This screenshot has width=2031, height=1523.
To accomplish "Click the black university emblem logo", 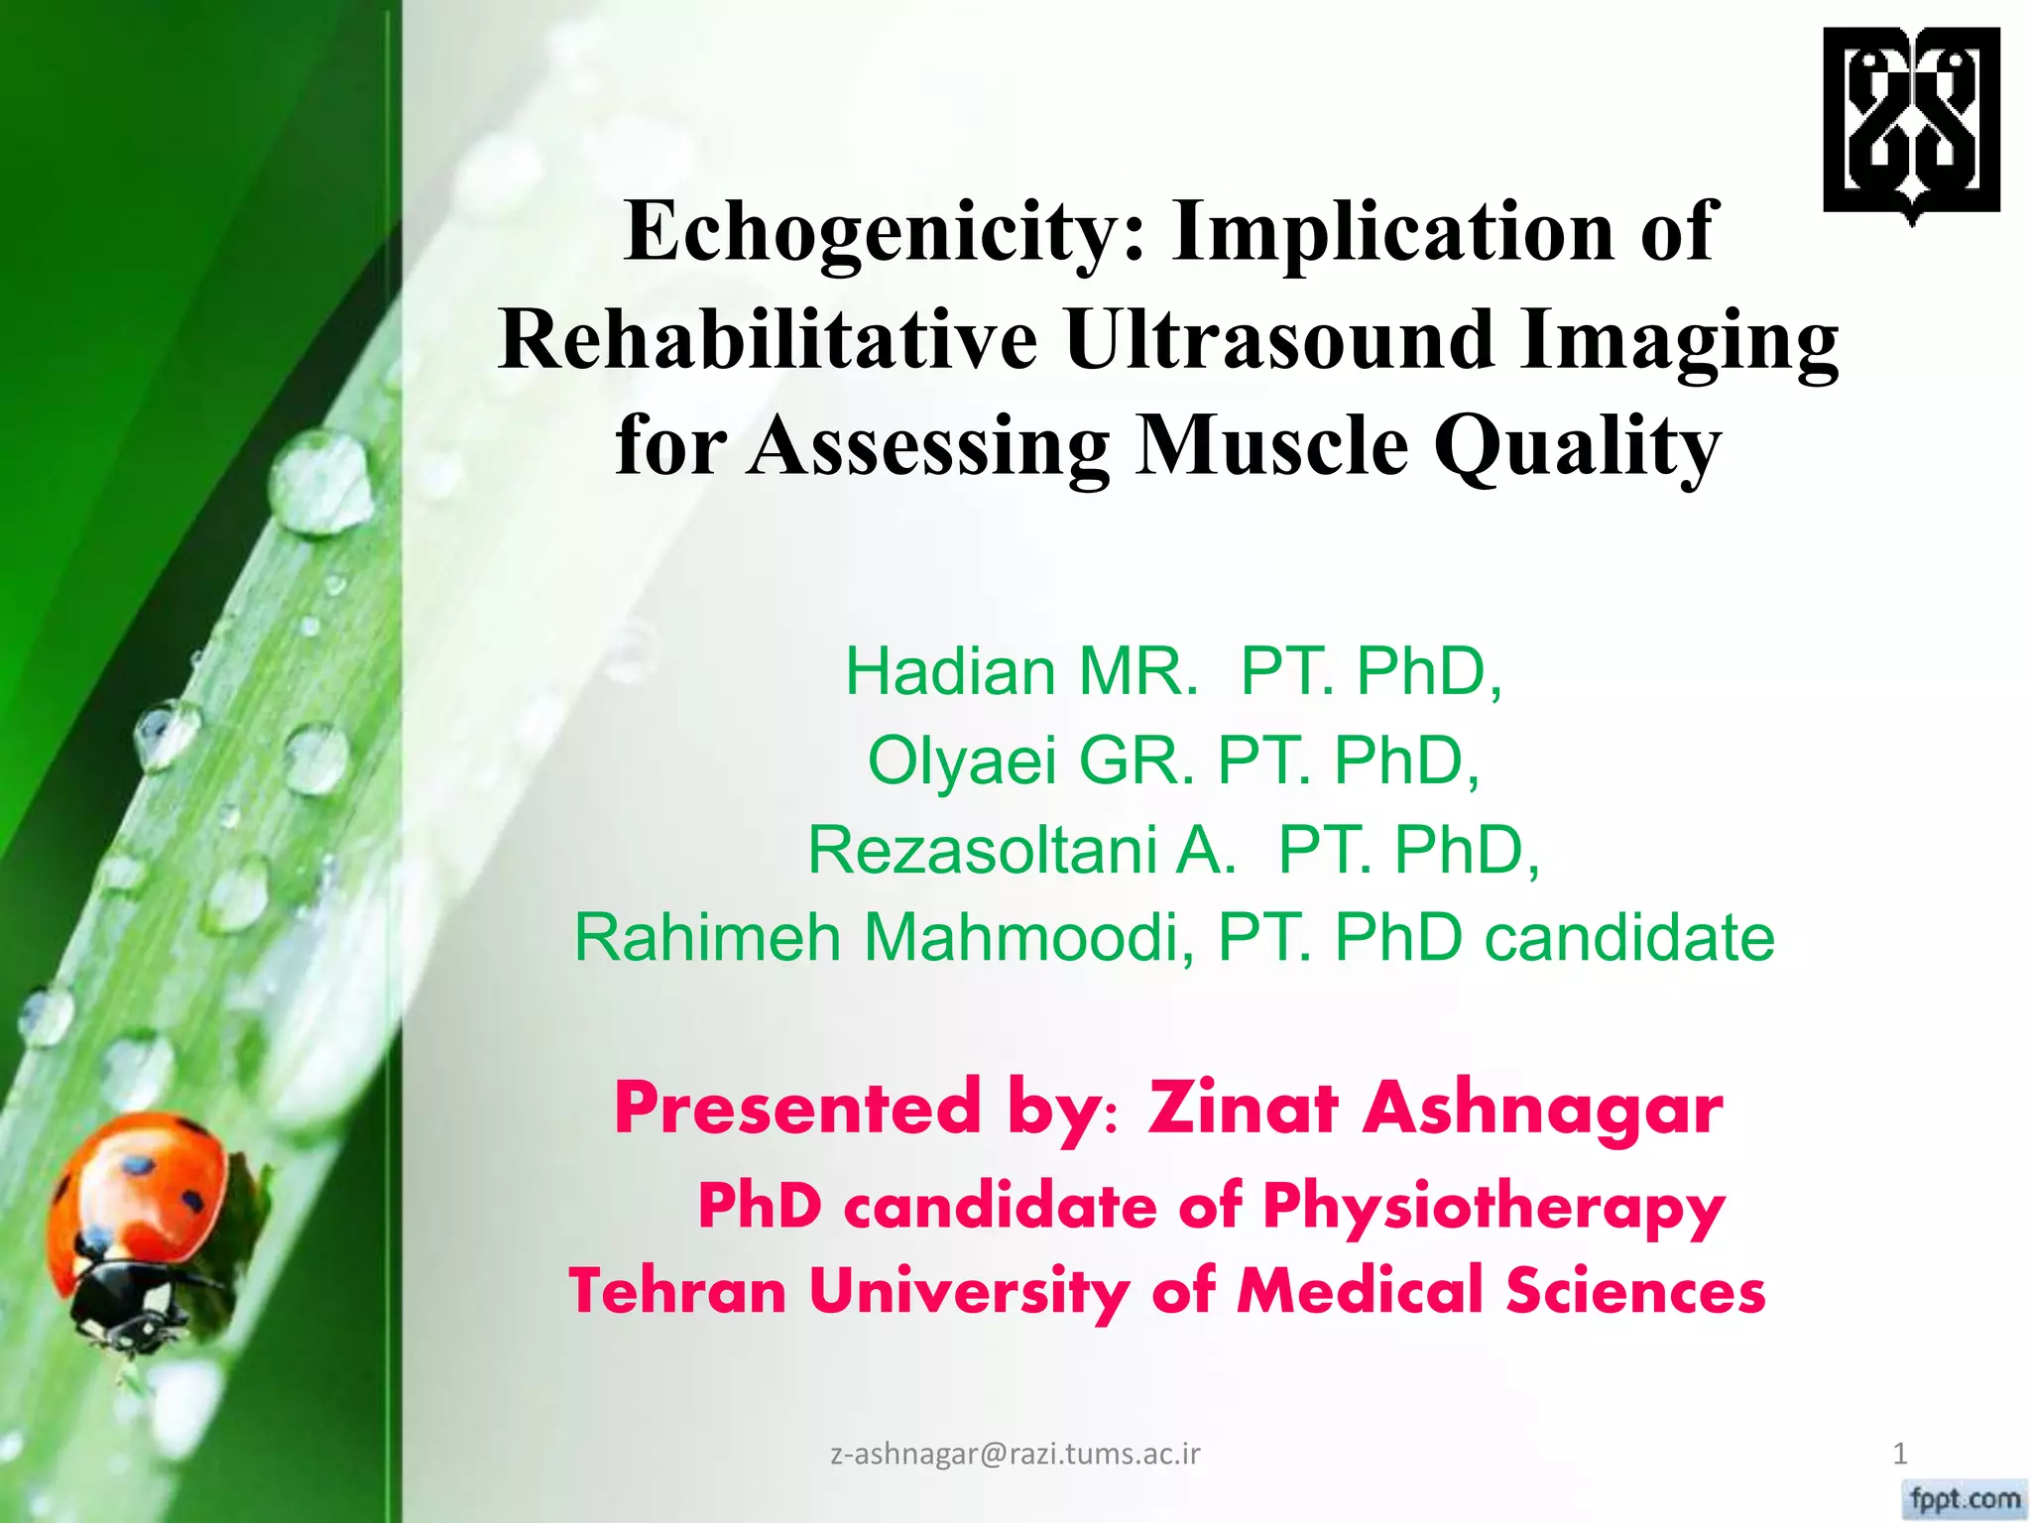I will (1911, 121).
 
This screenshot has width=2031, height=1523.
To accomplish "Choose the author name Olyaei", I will (961, 761).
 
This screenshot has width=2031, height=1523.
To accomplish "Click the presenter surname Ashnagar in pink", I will (1542, 1108).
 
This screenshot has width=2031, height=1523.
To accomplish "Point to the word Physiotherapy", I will (1493, 1208).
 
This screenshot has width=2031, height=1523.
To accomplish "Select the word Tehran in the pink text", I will (677, 1291).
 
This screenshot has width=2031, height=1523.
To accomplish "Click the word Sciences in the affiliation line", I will (1635, 1291).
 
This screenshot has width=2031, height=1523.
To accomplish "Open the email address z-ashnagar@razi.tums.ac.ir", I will (1015, 1454).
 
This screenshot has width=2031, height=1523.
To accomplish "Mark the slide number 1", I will (1899, 1454).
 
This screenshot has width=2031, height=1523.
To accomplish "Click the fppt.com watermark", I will (1965, 1497).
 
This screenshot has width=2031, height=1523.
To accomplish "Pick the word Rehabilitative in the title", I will (768, 339).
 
